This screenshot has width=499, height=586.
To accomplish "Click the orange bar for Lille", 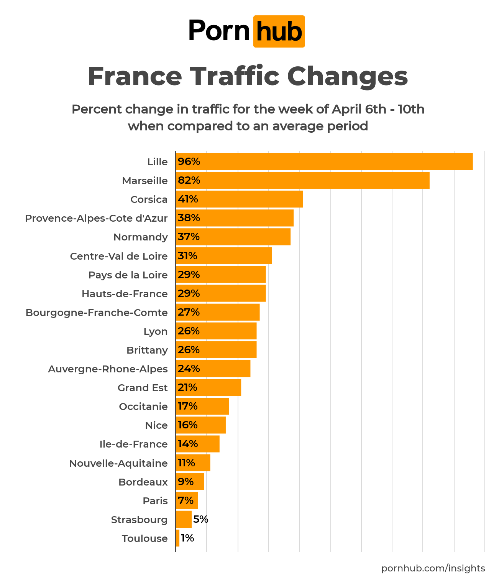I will pos(324,161).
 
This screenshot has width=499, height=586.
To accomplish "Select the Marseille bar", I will pos(303,180).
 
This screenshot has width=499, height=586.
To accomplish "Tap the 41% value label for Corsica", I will pos(188,199).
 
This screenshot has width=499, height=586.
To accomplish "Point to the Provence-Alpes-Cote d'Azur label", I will pos(96,218).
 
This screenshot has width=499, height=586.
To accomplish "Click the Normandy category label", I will pos(141,237).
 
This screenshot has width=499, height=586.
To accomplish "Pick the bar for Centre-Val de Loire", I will pos(224,256).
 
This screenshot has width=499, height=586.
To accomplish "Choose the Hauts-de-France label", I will pos(125,294).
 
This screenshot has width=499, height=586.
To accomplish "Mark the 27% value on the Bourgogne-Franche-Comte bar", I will pos(189,312).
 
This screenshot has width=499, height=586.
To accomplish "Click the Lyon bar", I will pos(217,331).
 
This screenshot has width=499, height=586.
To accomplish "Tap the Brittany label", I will pos(147,350).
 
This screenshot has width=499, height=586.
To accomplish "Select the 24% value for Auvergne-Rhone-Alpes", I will pos(189,369).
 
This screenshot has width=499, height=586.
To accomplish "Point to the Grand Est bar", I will pos(209,387).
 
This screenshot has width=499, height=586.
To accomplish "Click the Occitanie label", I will pos(143,407).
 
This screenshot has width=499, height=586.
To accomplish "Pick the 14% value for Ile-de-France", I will pos(188,444).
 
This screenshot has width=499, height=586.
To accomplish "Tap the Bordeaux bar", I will pos(190,482).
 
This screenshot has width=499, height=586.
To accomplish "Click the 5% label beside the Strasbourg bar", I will pos(201,519).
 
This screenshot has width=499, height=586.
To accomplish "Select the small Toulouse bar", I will pos(178,538).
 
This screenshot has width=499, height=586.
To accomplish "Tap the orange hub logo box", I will pos(279,31).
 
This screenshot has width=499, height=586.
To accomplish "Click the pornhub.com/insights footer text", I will pos(433,568).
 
